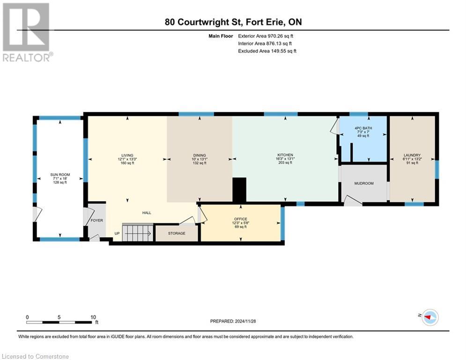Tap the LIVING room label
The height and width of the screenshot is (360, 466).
[x=126, y=155]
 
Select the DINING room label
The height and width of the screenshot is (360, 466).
[x=200, y=155]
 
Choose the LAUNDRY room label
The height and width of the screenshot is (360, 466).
[x=412, y=155]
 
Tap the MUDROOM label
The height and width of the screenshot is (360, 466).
[x=363, y=183]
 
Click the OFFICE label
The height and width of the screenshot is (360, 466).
[x=240, y=219]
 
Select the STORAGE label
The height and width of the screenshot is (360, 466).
[x=177, y=233]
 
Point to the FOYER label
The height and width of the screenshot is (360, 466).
[x=96, y=220]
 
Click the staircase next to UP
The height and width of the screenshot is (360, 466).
[x=137, y=232]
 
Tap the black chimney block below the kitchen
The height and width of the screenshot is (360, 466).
[x=239, y=189]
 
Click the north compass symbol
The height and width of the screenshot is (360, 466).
[x=429, y=317]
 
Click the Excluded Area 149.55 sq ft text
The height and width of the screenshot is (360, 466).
[x=267, y=51]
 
